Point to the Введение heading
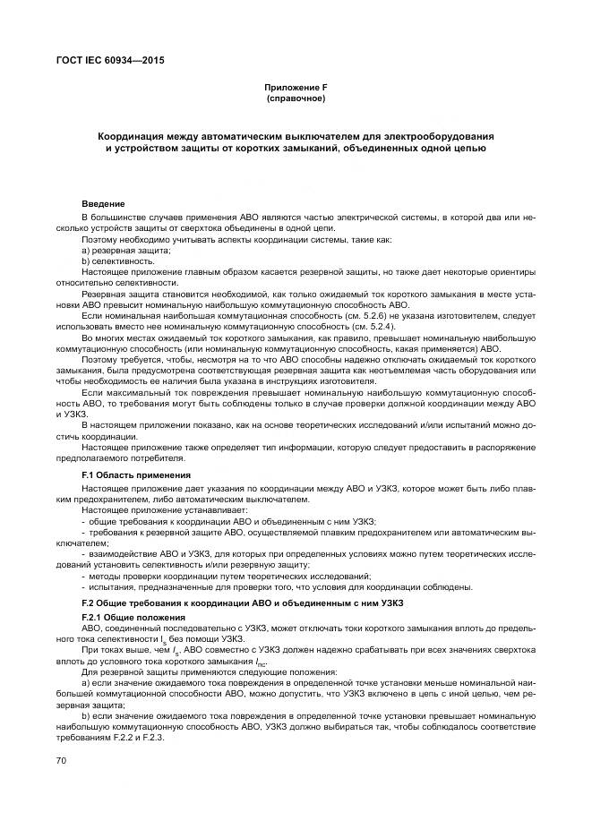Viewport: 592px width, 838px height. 103,204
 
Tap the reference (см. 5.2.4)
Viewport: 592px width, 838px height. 341,329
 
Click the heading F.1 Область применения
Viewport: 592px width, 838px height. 136,474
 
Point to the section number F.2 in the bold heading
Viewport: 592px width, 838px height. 90,604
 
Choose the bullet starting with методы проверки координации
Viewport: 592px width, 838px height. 225,576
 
